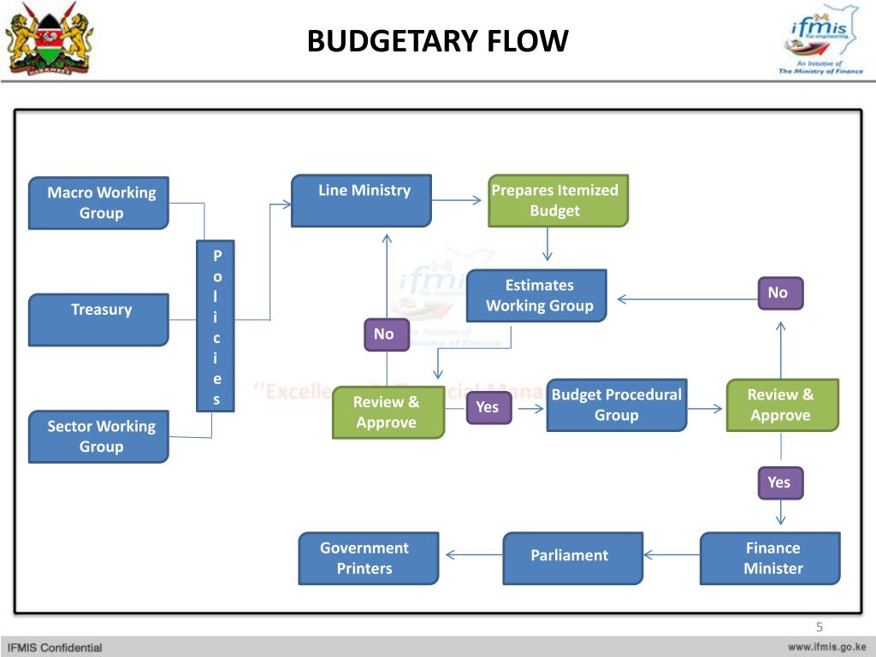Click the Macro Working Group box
coord(98,203)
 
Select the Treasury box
coord(98,319)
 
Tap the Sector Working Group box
coord(98,436)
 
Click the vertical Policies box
coord(217,327)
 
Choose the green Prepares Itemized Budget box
coord(558,200)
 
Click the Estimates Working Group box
coord(536,295)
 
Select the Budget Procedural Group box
coord(616,405)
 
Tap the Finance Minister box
coord(770,558)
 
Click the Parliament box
coord(572,558)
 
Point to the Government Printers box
coord(368,558)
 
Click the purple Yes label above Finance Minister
coord(778,482)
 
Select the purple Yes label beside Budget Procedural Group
coord(488,407)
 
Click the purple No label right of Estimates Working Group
coord(778,293)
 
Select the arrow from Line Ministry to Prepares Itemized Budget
coord(459,201)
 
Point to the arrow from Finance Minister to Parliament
coord(672,555)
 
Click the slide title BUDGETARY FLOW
coord(437,41)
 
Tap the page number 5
coord(819,626)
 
